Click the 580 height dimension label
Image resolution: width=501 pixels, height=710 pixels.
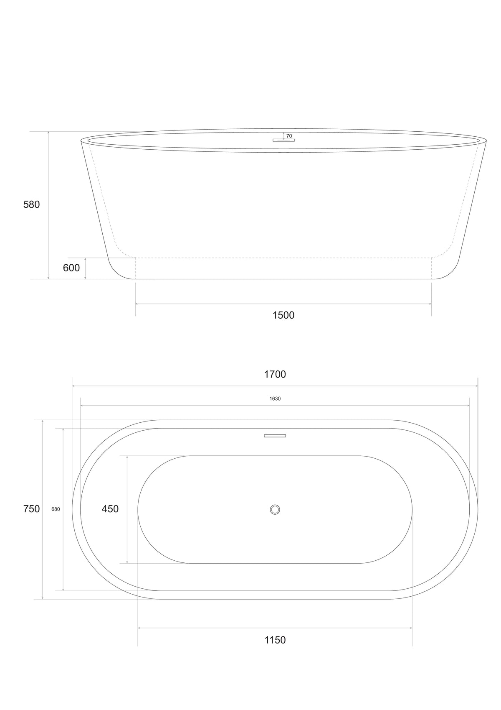click(x=32, y=204)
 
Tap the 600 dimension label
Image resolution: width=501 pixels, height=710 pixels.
click(x=71, y=268)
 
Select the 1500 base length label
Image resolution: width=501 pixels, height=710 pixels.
click(x=283, y=315)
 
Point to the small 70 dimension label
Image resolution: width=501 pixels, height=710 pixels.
click(x=289, y=136)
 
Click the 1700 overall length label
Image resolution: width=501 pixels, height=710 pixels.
click(x=275, y=374)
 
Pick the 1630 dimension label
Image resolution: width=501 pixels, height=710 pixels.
click(x=275, y=399)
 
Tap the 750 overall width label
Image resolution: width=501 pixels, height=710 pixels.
click(x=32, y=509)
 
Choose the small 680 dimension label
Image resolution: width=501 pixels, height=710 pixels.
click(x=56, y=509)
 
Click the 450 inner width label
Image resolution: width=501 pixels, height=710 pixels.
click(x=110, y=509)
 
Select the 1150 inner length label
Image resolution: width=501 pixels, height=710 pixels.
click(x=275, y=640)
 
